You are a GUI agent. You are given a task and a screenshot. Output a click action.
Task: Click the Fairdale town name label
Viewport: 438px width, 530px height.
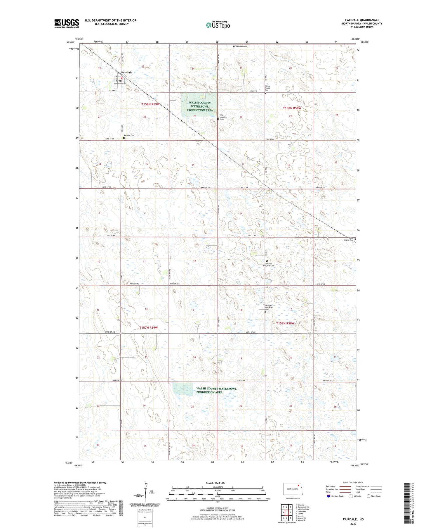pos(127,72)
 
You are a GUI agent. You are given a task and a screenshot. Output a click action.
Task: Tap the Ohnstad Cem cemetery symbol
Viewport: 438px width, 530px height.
pos(234,46)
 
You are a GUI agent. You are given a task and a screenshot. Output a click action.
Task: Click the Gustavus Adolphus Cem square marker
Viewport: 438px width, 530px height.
pos(267,261)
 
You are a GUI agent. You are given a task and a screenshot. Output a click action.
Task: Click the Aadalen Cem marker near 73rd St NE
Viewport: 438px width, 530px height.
pos(124,138)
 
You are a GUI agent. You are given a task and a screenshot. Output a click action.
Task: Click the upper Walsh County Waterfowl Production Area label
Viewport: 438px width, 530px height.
pos(200,106)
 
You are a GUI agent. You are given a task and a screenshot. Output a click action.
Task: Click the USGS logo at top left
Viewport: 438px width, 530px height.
pos(67,23)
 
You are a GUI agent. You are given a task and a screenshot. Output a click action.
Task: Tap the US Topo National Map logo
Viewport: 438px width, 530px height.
pos(218,25)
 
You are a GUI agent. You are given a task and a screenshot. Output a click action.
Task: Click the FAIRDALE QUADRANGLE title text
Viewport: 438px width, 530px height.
pos(362,20)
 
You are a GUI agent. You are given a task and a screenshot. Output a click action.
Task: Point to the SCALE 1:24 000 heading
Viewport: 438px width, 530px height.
pos(217,483)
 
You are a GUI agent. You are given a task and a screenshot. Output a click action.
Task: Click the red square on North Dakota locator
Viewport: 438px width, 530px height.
pos(298,486)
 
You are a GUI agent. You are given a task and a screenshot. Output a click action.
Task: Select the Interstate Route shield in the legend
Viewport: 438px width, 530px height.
pos(329,496)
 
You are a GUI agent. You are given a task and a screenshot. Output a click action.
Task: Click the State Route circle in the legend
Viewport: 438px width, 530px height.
pos(369,496)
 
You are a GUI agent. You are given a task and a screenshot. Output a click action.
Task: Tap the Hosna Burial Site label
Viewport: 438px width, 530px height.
pos(268,88)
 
